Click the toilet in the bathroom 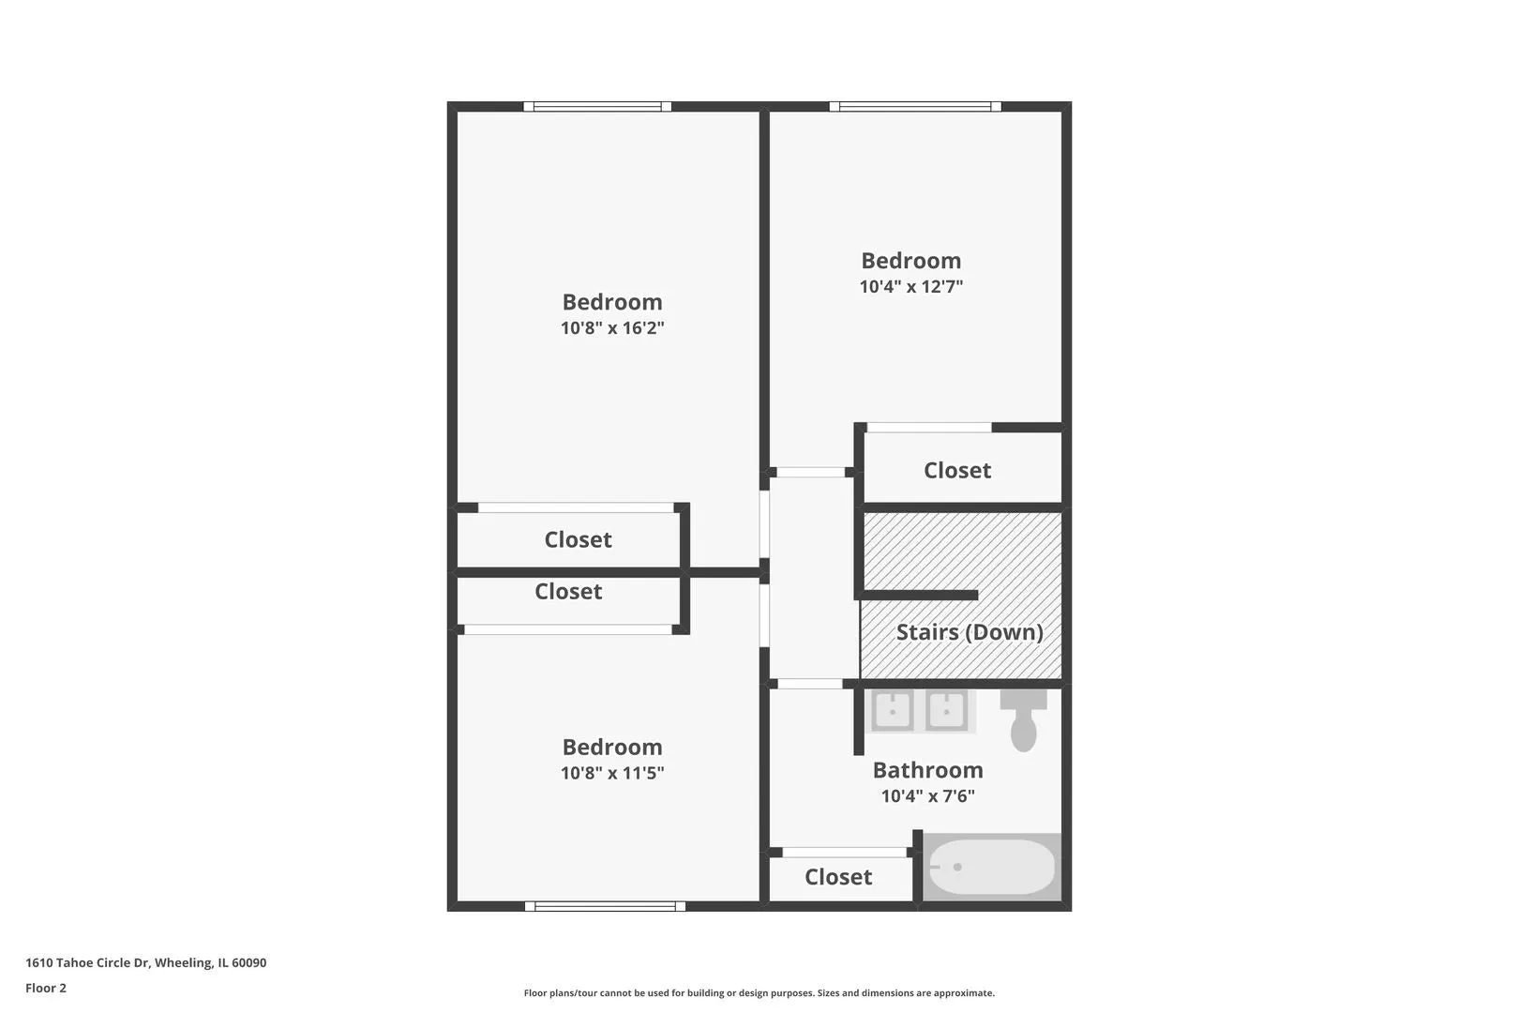(1023, 720)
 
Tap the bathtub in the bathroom (991, 867)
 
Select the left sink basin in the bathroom (892, 710)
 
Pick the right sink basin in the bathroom (947, 710)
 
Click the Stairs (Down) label (970, 632)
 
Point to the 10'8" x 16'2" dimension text (612, 327)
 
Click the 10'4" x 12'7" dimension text (911, 286)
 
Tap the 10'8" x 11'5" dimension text (612, 773)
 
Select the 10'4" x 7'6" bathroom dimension (927, 796)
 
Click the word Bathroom (927, 770)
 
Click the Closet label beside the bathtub (838, 877)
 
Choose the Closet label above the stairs (957, 470)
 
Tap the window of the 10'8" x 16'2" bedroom (597, 107)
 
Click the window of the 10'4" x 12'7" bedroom (915, 107)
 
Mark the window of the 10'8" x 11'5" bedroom (605, 906)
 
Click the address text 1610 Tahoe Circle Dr (87, 962)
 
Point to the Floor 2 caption (46, 988)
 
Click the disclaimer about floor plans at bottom (759, 993)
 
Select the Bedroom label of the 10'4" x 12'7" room (911, 261)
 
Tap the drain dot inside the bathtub (957, 867)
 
